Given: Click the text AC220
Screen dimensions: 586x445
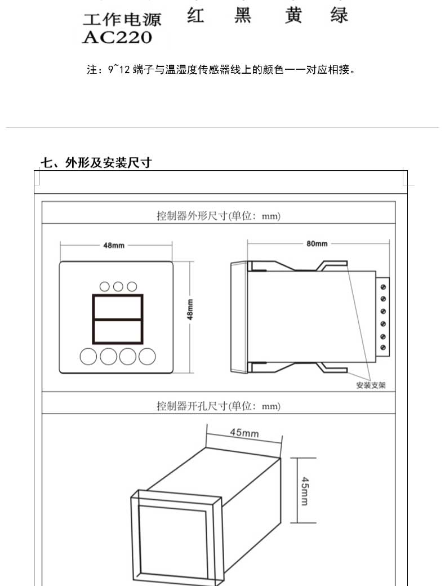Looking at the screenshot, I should point(117,38).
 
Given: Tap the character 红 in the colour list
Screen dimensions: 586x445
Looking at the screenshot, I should point(195,15).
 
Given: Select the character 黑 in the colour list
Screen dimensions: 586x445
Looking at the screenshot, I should point(243,15).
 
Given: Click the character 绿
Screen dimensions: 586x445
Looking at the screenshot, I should point(339,15).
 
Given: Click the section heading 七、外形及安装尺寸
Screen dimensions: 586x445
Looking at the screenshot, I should point(96,163).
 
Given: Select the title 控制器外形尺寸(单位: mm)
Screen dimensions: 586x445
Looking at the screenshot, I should point(218,215).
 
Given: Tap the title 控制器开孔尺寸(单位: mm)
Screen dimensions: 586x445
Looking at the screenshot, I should point(218,406).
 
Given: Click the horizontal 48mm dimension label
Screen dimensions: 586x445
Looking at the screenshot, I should point(114,245).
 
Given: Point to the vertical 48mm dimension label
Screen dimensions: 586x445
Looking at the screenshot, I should point(190,309).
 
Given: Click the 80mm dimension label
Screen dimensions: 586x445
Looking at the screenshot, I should point(317,244).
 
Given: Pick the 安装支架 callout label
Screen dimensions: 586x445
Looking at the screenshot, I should point(371,386).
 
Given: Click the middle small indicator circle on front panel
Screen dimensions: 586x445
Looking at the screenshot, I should point(118,286).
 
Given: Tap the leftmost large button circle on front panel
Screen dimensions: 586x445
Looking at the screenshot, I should point(88,356).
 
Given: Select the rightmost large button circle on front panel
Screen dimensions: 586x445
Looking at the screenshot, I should point(147,356).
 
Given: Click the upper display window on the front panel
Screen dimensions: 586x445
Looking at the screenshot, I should point(118,307).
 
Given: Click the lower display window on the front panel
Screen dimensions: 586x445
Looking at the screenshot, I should point(118,331).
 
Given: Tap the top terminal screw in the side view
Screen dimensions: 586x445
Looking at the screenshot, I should point(384,287).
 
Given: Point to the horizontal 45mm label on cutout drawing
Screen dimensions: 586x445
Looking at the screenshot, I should point(244,433).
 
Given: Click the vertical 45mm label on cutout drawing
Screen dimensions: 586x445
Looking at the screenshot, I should point(304,491).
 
